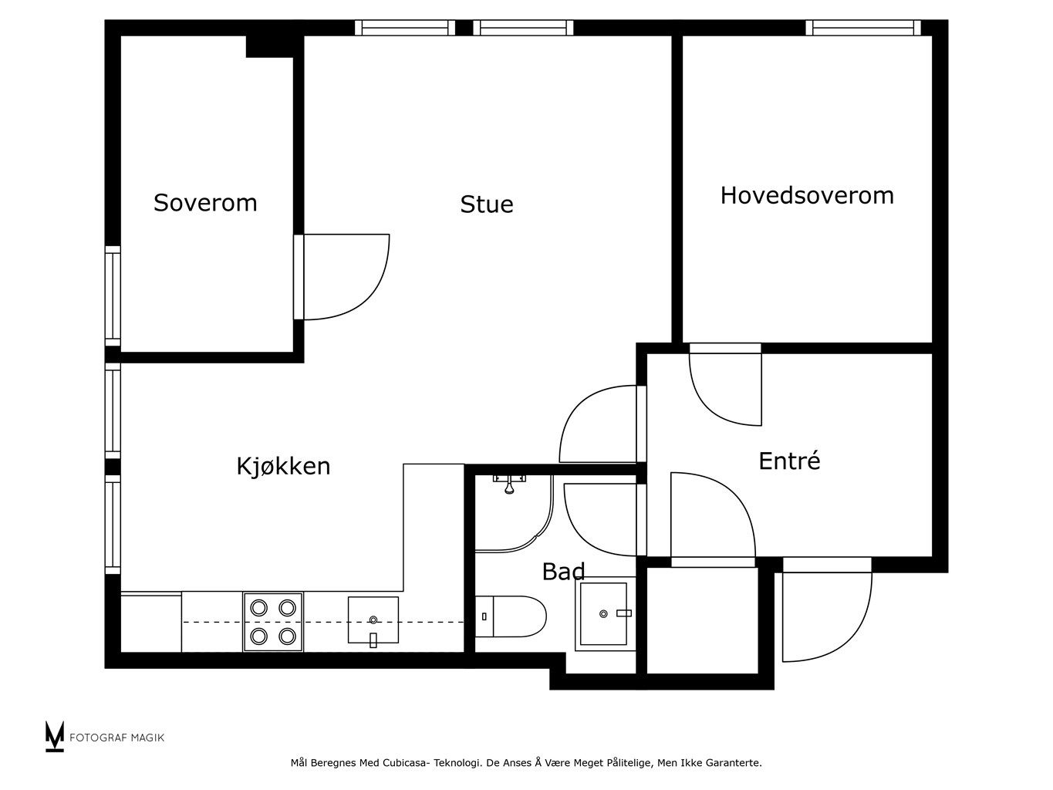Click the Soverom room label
[205, 202]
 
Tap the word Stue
[487, 204]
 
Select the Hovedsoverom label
[807, 196]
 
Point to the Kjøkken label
[284, 466]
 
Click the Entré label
[789, 461]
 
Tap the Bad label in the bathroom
[563, 572]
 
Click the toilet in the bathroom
[511, 616]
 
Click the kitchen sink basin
[373, 620]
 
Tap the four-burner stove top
[273, 622]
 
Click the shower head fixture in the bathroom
[509, 484]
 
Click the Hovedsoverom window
[863, 28]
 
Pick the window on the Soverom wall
[113, 296]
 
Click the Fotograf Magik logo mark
[55, 737]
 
